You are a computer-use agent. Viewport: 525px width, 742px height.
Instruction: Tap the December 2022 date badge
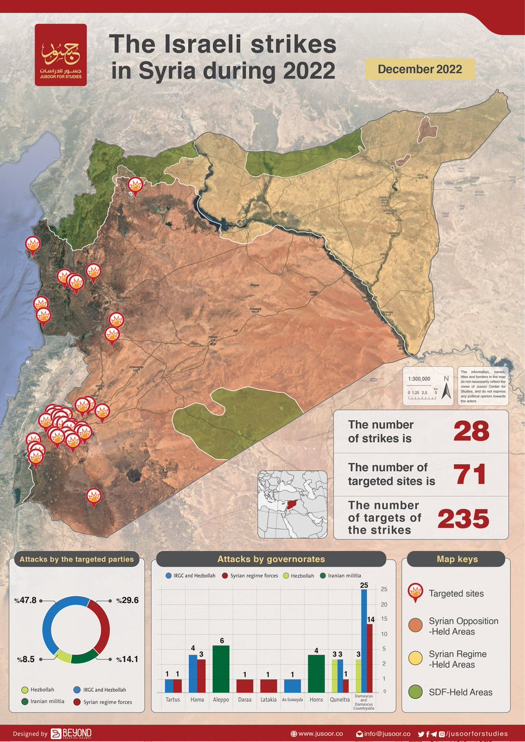point(420,69)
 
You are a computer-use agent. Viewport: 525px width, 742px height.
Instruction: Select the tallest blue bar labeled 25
point(364,641)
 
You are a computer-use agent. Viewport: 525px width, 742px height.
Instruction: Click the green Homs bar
point(316,673)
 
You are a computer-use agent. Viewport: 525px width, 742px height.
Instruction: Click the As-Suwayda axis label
point(292,700)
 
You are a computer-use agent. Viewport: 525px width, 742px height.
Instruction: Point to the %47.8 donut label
point(27,600)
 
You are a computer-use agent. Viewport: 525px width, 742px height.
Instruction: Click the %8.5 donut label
point(25,660)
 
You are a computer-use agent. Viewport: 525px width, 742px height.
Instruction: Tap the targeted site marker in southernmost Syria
point(94,496)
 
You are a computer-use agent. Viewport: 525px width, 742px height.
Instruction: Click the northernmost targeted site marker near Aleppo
point(135,184)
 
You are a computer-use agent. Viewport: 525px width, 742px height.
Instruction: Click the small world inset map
point(293,505)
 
